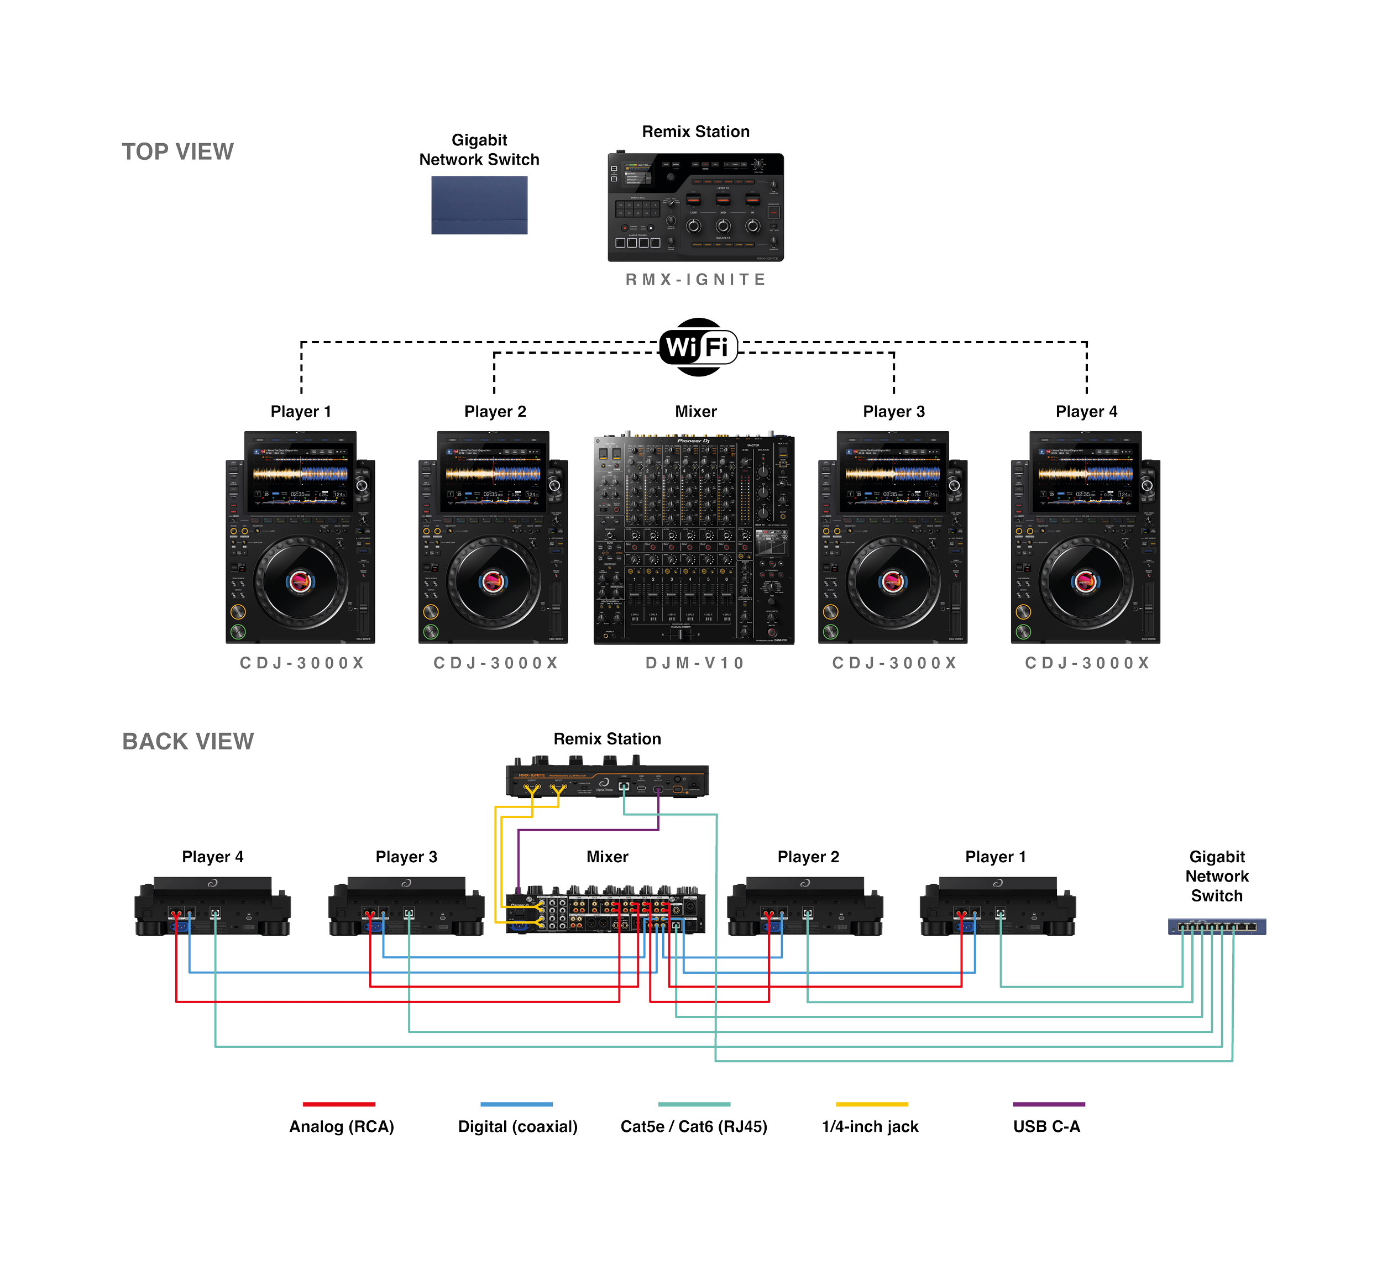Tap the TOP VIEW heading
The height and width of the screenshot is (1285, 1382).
pyautogui.click(x=177, y=151)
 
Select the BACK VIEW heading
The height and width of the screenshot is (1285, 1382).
pyautogui.click(x=189, y=742)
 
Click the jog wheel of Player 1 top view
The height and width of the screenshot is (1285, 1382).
pyautogui.click(x=300, y=581)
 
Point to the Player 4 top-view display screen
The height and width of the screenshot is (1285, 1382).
pyautogui.click(x=1085, y=479)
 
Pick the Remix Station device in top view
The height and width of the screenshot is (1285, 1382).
pyautogui.click(x=696, y=207)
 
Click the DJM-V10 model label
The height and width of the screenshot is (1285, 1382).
pyautogui.click(x=694, y=663)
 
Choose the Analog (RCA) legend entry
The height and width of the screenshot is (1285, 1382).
pyautogui.click(x=341, y=1126)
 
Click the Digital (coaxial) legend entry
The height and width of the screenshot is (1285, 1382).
pyautogui.click(x=517, y=1126)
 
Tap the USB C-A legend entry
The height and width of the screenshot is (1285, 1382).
pyautogui.click(x=1047, y=1126)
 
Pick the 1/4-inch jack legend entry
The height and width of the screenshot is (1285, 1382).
pyautogui.click(x=870, y=1126)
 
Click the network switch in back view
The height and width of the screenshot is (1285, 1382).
pyautogui.click(x=1217, y=926)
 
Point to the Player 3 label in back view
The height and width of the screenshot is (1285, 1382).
pyautogui.click(x=407, y=857)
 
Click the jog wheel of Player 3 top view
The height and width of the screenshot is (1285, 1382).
pyautogui.click(x=893, y=581)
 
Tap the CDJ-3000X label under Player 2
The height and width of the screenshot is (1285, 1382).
pyautogui.click(x=495, y=663)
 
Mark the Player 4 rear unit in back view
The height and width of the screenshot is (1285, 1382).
pyautogui.click(x=212, y=906)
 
